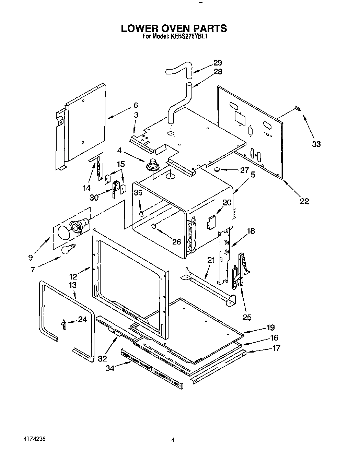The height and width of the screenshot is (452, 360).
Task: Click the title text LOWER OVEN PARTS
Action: (174, 28)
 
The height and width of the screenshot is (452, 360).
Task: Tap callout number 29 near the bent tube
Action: (218, 63)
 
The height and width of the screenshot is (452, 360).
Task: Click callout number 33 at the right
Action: (316, 144)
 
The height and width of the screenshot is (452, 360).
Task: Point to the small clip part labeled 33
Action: (299, 109)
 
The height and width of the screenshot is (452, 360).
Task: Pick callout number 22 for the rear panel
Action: (304, 201)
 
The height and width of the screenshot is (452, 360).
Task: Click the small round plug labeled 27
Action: (217, 169)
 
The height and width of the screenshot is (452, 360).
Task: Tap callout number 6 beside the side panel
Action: (136, 105)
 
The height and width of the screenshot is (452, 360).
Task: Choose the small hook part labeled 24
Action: (63, 324)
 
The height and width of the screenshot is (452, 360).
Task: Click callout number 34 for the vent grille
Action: (110, 368)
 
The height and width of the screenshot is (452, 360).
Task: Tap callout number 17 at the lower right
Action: (276, 348)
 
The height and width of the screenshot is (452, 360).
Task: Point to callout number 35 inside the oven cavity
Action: (138, 193)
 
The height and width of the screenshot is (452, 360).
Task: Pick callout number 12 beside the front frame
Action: (73, 276)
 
